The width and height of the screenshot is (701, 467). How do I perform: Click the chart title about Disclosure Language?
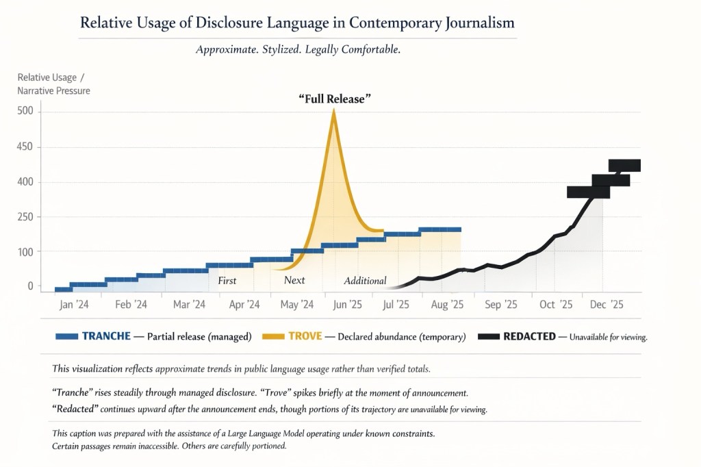pos(297,23)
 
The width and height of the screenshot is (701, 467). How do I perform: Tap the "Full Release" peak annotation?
pos(335,99)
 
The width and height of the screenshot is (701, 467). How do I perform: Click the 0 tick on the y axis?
pos(30,286)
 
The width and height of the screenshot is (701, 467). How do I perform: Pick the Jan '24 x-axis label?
pos(74,305)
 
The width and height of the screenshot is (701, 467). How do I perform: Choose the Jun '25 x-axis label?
pos(347,305)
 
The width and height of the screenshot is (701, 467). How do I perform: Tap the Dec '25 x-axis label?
pos(607,305)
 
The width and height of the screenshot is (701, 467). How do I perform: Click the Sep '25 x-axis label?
pos(502,305)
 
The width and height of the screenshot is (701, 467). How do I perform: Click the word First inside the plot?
pos(227,281)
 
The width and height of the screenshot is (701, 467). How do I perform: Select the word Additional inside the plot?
pos(365,281)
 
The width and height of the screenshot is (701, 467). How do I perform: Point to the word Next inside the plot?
pos(294,281)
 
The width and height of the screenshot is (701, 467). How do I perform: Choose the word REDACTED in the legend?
pos(529,336)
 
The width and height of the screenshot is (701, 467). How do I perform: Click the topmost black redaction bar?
pos(624,165)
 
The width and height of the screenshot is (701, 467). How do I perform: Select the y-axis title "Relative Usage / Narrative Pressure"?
pos(53,84)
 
